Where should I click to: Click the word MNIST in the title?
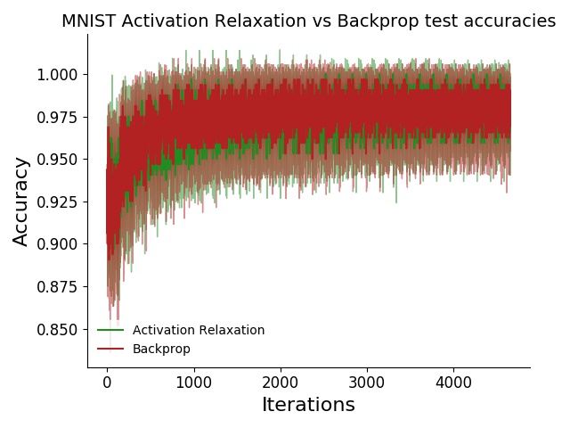click(86, 21)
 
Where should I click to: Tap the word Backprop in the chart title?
click(360, 21)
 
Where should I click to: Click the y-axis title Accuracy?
click(21, 201)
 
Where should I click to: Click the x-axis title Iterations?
click(308, 405)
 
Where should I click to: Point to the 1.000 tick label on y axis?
click(56, 74)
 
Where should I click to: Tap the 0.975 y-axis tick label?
click(56, 117)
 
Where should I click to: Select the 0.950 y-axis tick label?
click(56, 159)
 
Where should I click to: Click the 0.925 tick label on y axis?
click(56, 202)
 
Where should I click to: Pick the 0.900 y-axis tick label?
click(56, 243)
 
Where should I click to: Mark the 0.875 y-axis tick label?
click(56, 286)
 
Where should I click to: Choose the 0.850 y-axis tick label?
click(56, 329)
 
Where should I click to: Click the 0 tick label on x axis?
click(107, 382)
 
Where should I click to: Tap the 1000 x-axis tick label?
click(193, 382)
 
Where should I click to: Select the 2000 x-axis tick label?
click(280, 382)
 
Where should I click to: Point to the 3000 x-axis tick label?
click(366, 382)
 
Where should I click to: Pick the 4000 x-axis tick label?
click(452, 382)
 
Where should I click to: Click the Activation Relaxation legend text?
click(199, 330)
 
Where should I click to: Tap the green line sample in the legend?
click(110, 330)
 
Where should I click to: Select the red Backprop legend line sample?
click(110, 349)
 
